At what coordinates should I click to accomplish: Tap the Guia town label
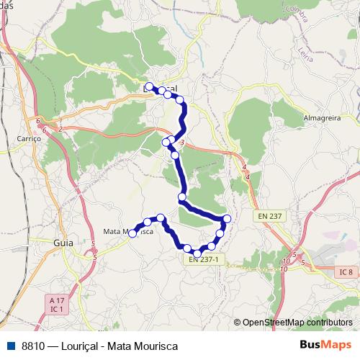tap(63, 243)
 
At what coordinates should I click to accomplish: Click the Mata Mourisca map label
tap(128, 231)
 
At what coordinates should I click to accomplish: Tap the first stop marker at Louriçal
tap(149, 87)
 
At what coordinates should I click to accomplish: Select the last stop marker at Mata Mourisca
tap(132, 233)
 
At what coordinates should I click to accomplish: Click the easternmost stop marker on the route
tap(228, 219)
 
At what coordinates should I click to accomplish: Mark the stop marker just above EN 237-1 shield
tap(197, 251)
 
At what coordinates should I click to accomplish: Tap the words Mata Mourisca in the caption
tap(142, 346)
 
